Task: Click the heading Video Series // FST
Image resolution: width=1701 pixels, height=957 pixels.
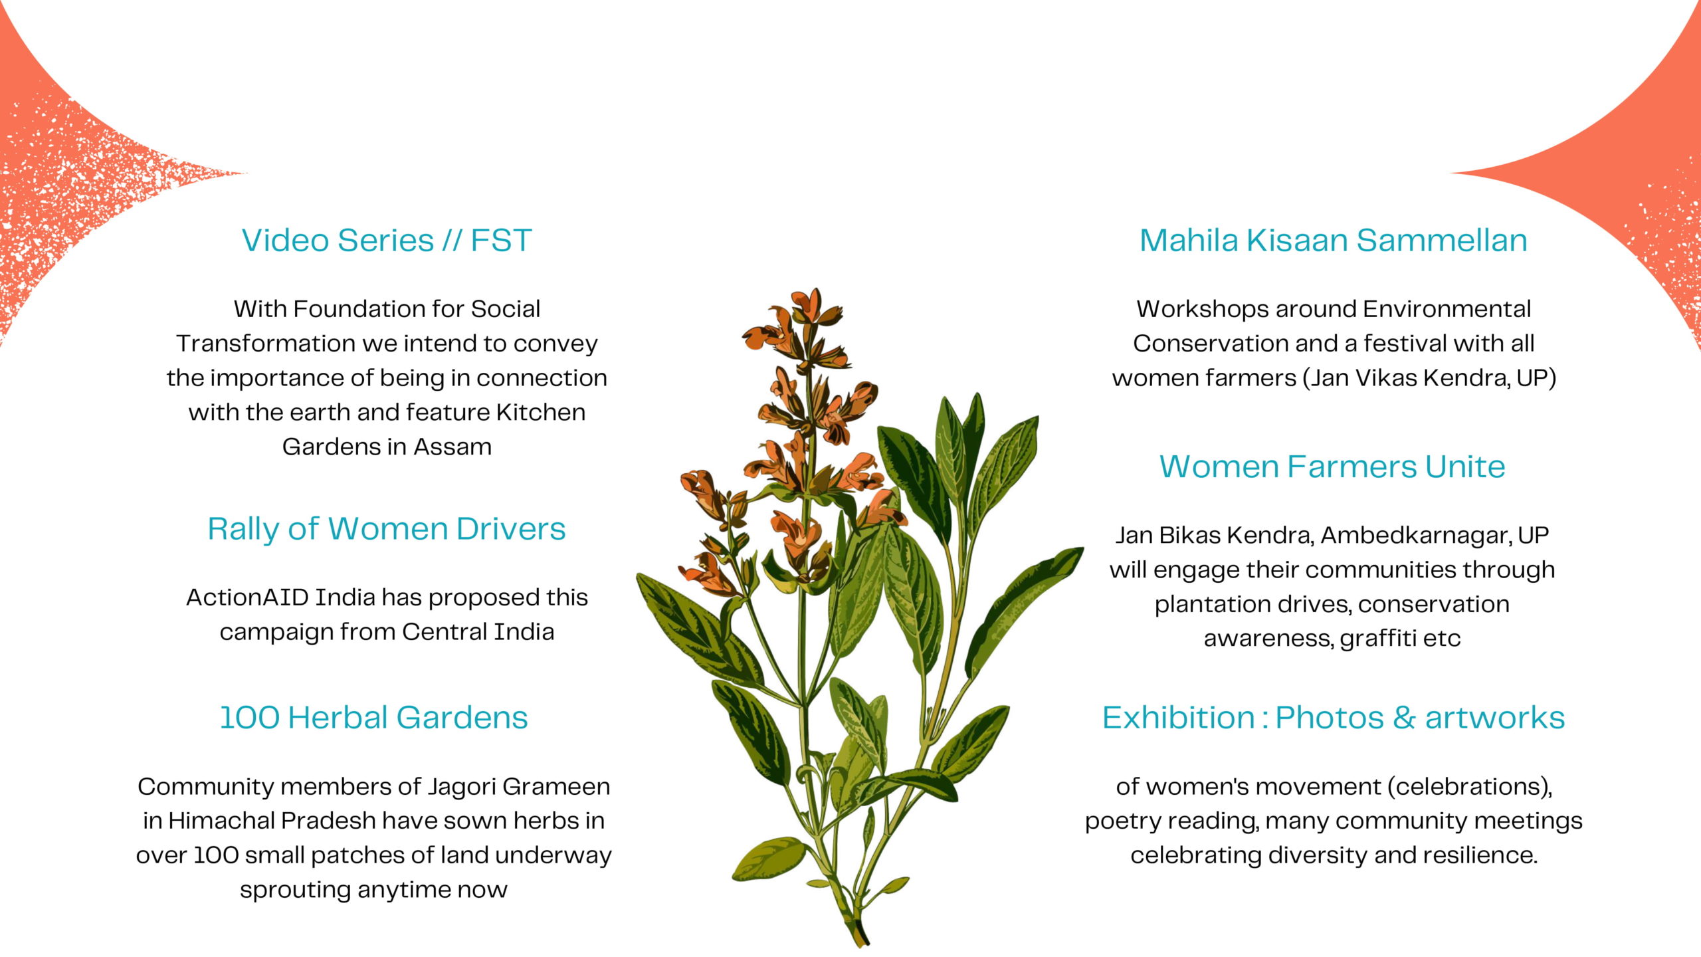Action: (387, 241)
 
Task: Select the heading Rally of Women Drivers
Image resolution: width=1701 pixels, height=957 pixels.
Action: (387, 529)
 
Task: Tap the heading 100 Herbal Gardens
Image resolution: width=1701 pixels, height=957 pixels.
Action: (373, 718)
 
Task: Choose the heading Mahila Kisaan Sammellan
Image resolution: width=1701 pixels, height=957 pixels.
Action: (1334, 241)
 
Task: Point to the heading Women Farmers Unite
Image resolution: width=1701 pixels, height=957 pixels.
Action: (1332, 467)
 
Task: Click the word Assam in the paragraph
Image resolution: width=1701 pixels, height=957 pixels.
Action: (452, 447)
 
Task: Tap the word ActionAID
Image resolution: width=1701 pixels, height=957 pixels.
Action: (247, 597)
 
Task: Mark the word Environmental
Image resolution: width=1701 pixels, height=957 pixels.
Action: (1447, 309)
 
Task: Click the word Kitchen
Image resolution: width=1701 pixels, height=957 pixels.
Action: (541, 412)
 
